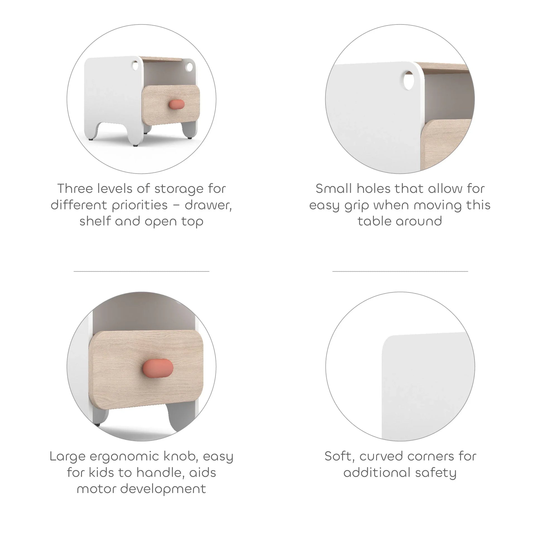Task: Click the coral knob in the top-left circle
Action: pyautogui.click(x=177, y=104)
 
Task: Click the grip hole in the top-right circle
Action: pyautogui.click(x=408, y=80)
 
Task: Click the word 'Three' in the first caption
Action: pyautogui.click(x=75, y=188)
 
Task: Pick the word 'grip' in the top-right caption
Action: pyautogui.click(x=356, y=206)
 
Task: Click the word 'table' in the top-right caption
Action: pyautogui.click(x=374, y=221)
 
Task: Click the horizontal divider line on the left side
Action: pyautogui.click(x=141, y=271)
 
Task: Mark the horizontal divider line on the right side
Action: pyautogui.click(x=400, y=271)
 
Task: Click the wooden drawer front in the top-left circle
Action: pyautogui.click(x=171, y=105)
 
